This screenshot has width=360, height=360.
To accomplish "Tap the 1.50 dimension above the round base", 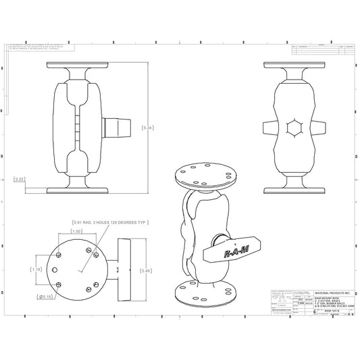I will [76, 231].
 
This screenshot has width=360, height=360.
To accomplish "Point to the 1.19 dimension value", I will [36, 269].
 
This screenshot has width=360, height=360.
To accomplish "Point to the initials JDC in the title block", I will [301, 299].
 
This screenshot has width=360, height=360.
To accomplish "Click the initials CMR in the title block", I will [301, 305].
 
